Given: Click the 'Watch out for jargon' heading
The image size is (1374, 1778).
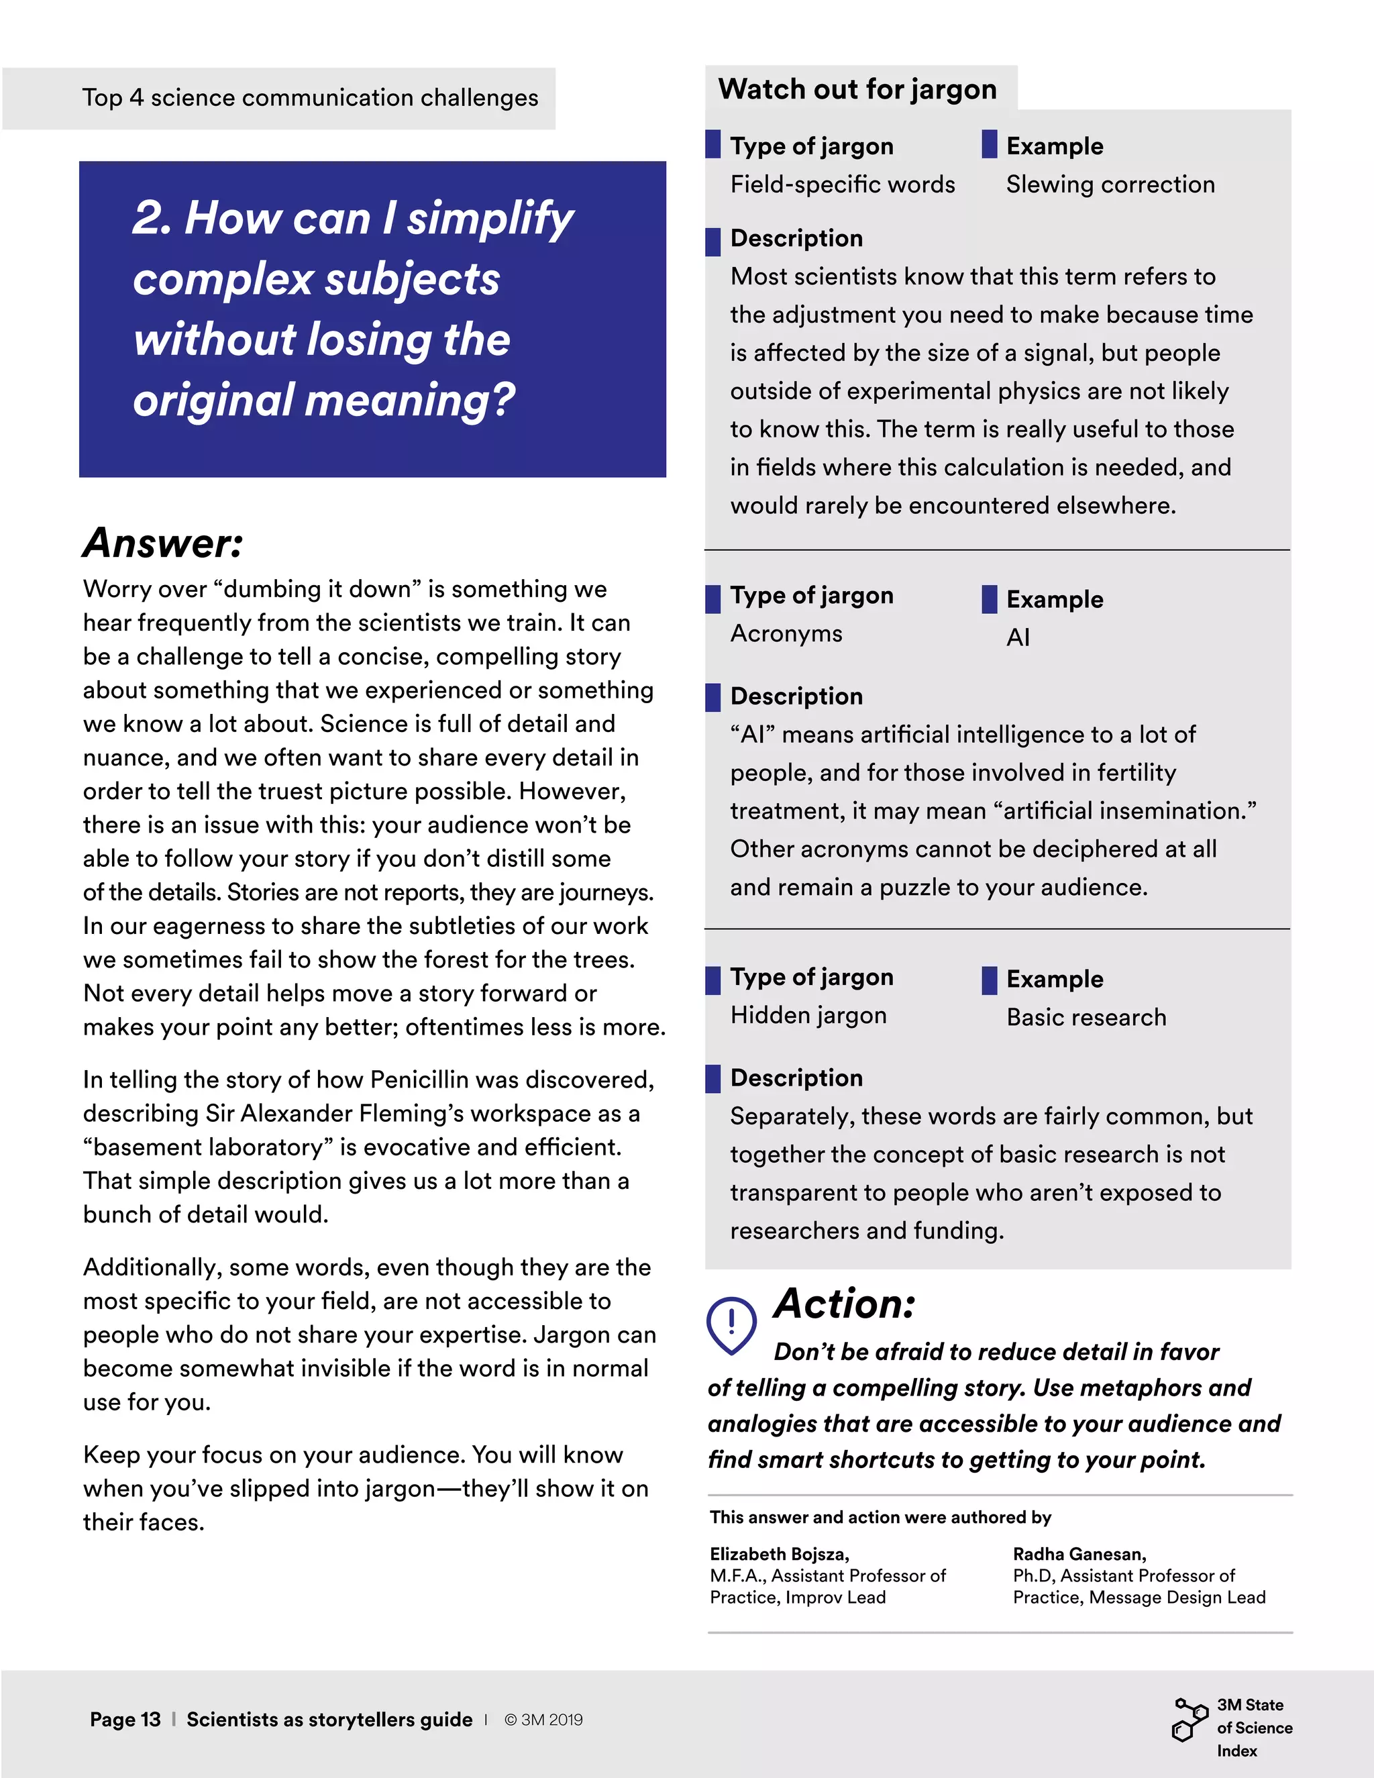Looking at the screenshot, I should point(857,89).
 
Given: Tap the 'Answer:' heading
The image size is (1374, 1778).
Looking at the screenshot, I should point(163,543).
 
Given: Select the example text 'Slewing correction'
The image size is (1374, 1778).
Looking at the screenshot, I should point(1110,185).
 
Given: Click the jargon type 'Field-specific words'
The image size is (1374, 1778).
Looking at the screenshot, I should point(842,185).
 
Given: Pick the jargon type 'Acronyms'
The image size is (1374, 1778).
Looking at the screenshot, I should point(786,633).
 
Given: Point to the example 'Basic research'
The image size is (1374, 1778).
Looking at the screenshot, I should point(1086,1018).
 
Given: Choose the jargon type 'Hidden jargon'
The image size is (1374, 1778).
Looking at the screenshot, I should point(808,1015).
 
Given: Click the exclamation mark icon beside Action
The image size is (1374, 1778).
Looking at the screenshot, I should point(731,1324).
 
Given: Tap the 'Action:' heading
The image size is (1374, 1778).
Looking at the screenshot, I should point(844,1304).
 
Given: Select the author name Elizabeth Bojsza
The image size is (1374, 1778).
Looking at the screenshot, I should point(779,1554).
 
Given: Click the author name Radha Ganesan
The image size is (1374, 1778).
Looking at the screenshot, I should point(1079,1554).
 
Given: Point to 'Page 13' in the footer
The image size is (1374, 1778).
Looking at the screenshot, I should point(125,1720).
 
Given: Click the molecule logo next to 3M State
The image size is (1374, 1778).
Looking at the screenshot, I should point(1190,1720).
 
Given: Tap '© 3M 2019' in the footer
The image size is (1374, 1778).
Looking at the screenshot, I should point(543,1720).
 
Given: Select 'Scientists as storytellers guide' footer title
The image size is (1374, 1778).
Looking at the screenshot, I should point(329,1720).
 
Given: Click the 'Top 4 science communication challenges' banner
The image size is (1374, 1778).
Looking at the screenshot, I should point(309,98).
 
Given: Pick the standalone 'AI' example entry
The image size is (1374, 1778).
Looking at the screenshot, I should point(1018,637).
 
